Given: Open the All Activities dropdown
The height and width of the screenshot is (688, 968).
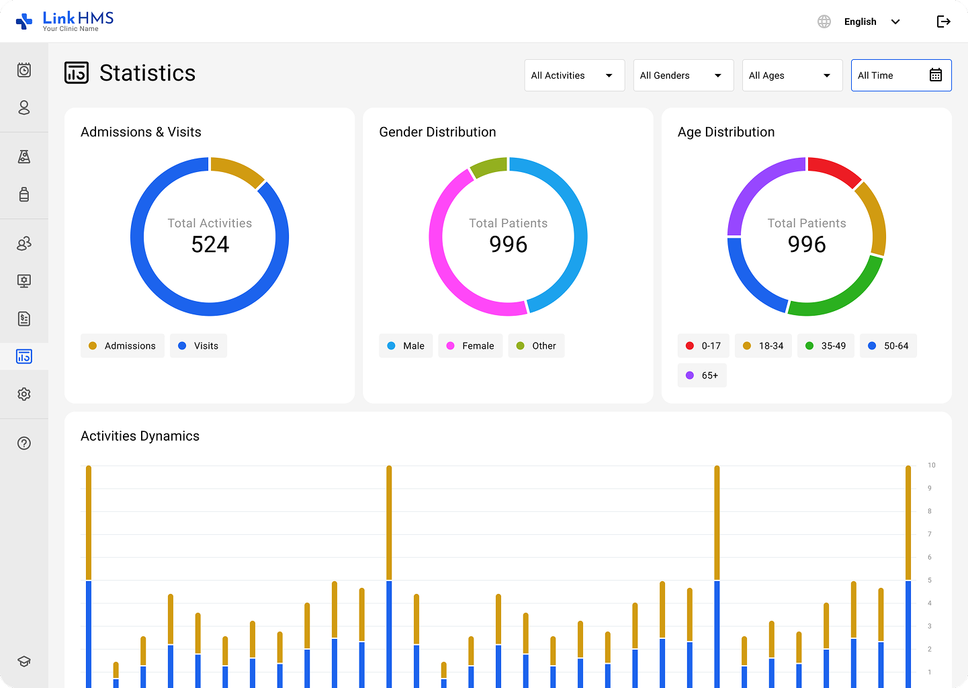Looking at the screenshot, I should click(574, 75).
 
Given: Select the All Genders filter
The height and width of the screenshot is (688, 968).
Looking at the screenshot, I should click(683, 75).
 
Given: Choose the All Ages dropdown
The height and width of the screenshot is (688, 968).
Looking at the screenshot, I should click(792, 75).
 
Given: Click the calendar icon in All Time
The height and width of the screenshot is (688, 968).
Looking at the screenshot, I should click(936, 75).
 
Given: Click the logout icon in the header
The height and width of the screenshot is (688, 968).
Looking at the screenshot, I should click(944, 21).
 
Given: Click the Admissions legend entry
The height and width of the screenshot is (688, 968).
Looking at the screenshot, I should click(122, 346).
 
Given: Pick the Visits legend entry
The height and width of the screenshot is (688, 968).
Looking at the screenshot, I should click(198, 346).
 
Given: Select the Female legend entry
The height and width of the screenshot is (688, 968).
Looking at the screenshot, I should click(470, 346).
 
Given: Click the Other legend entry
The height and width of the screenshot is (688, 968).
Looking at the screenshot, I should click(536, 346).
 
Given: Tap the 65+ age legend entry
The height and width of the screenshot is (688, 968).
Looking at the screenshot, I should click(702, 376).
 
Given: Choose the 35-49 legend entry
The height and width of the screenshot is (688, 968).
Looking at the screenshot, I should click(826, 346).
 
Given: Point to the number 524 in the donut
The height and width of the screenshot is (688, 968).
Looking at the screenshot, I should click(210, 245).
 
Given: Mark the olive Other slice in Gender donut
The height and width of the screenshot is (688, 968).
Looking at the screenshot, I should click(488, 166).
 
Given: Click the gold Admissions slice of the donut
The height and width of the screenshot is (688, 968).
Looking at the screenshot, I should click(237, 171).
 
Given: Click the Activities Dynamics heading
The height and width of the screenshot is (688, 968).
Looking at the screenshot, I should click(140, 436).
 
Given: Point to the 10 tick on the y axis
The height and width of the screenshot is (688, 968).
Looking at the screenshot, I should click(932, 465).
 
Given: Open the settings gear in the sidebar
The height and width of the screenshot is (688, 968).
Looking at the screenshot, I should click(24, 394).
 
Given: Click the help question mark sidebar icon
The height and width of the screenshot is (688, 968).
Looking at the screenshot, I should click(24, 443).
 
